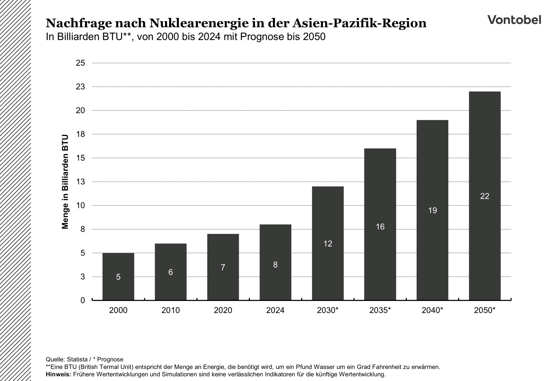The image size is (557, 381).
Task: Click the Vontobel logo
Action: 514,20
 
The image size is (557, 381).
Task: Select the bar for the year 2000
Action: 118,276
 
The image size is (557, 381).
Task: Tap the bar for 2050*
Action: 484,196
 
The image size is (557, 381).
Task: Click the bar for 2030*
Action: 328,243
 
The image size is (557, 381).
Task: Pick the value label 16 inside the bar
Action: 380,227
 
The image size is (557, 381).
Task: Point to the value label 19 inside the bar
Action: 432,210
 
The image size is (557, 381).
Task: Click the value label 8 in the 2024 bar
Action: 275,265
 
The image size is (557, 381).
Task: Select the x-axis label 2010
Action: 171,310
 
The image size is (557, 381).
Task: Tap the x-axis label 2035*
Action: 380,310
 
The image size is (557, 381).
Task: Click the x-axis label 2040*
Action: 432,310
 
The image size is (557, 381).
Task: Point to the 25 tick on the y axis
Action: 80,63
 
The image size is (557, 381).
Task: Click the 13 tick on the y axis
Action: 80,182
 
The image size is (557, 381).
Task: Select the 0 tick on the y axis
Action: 83,300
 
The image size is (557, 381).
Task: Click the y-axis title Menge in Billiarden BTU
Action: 65,182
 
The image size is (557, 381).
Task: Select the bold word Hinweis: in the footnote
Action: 58,374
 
